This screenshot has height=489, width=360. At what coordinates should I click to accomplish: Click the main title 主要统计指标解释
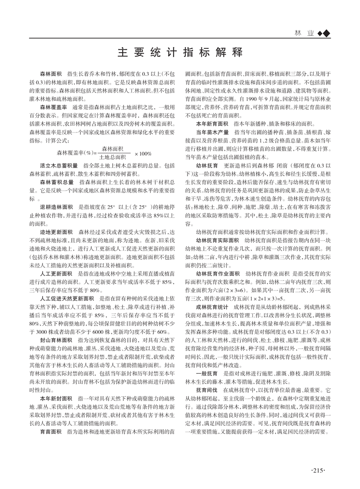(180, 51)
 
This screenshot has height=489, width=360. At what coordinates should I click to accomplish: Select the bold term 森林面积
(50, 73)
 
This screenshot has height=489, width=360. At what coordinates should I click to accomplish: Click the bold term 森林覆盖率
(53, 106)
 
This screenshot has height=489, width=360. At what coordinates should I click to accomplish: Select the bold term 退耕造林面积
(56, 206)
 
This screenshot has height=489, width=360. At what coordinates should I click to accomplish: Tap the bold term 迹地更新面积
(56, 232)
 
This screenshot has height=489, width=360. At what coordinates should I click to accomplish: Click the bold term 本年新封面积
(56, 385)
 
